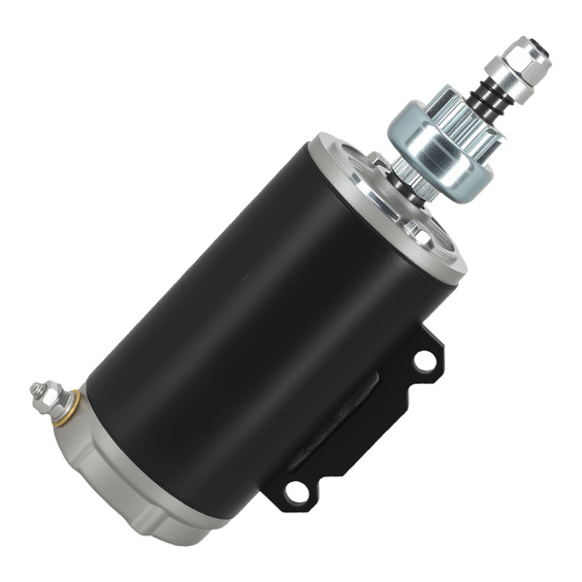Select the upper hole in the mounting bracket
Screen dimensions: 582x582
424,361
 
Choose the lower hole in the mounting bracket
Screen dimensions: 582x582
298,492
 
